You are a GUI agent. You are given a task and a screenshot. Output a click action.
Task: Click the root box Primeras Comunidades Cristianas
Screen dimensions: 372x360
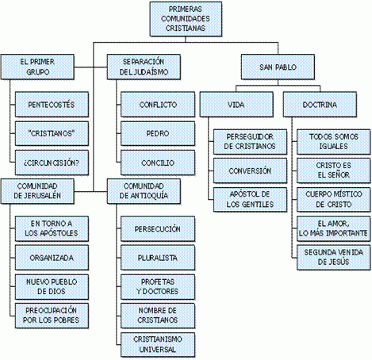point(186,19)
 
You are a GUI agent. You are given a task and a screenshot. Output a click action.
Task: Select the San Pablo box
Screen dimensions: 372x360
point(278,67)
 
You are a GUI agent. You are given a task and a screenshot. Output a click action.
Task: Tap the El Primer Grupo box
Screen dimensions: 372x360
point(37,67)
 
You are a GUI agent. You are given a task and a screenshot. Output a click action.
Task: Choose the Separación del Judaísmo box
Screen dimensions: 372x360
point(144,67)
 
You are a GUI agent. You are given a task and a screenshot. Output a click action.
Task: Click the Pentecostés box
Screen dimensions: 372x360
point(52,105)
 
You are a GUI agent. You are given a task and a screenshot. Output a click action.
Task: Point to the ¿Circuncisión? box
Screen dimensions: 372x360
point(52,163)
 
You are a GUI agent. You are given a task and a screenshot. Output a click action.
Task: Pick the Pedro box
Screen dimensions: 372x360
point(158,133)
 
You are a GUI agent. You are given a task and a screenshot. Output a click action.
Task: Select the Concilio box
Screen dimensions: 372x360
point(158,163)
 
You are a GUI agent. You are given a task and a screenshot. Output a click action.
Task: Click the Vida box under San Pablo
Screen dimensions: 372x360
point(236,105)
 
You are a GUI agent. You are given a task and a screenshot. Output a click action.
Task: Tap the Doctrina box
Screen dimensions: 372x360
point(320,105)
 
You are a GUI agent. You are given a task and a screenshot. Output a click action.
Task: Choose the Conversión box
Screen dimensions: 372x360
point(250,170)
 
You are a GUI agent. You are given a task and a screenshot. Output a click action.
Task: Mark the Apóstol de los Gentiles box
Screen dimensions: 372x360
point(250,200)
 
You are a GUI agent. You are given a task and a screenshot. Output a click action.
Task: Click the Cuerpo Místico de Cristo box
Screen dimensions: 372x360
point(334,200)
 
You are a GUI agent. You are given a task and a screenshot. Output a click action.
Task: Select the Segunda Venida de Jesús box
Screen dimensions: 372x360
point(334,258)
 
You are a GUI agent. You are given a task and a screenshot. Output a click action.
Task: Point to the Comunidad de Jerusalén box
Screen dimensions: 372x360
point(37,191)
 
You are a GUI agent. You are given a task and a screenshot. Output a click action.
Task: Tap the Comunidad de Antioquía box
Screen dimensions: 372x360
point(144,191)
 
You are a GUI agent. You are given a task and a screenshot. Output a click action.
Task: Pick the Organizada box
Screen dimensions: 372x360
point(52,258)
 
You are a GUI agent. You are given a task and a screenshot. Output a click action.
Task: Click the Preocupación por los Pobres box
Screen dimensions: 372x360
point(52,316)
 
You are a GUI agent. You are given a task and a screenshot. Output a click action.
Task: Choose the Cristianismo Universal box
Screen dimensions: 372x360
point(158,345)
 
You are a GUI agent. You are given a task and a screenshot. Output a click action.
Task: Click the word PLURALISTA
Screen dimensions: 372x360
point(158,258)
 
